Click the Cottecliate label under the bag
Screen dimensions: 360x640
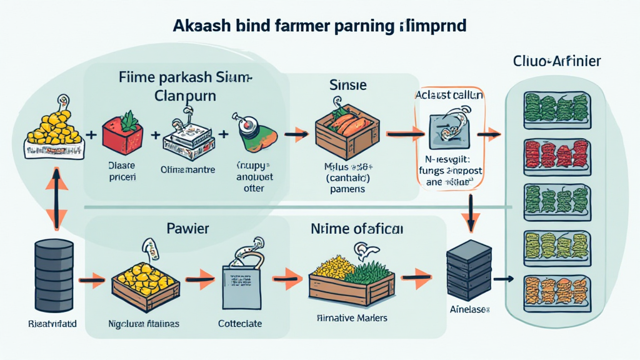[x=240, y=324]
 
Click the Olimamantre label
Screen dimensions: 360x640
[x=187, y=169]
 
